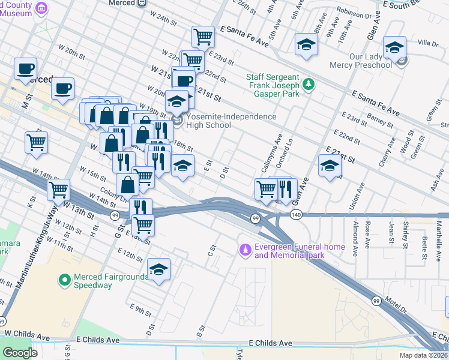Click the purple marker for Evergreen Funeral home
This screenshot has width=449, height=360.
click(x=244, y=248)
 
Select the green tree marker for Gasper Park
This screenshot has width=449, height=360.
click(x=309, y=83)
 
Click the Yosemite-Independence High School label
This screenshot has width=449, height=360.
click(x=231, y=121)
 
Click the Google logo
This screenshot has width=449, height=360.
click(x=19, y=353)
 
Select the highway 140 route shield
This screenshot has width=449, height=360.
click(x=295, y=214)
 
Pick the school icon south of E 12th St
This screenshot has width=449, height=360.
click(x=158, y=269)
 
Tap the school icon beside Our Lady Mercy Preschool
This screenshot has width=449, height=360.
click(x=394, y=47)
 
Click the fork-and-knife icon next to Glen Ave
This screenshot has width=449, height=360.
click(x=285, y=188)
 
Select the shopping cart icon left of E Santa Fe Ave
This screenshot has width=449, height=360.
click(x=203, y=37)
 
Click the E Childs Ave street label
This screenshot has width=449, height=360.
click(x=270, y=343)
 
